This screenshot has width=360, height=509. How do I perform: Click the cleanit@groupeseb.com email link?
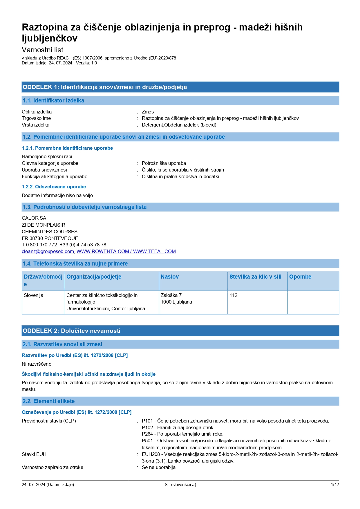point(48,251)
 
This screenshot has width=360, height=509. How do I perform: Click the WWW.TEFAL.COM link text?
point(154,251)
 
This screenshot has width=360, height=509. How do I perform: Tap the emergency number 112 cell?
point(234,295)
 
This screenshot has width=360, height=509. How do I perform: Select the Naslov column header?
point(170,277)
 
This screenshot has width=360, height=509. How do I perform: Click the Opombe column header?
point(300,277)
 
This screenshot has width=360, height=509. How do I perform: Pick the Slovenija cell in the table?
point(33,295)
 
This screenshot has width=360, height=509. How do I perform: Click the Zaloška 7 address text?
point(171,295)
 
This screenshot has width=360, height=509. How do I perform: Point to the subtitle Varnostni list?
point(42,50)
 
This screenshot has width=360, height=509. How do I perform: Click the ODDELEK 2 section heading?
point(71,331)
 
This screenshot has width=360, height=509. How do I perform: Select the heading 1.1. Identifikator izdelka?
point(53,100)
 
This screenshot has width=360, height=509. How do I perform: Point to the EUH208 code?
point(151,454)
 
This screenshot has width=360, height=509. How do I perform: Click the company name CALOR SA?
point(34,218)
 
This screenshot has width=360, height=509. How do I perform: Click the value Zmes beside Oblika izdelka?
point(148,112)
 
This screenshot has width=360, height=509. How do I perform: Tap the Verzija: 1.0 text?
point(86,63)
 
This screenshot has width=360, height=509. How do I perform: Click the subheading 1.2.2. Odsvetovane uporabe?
point(54,187)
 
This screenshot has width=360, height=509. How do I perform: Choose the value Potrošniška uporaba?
point(164,163)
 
